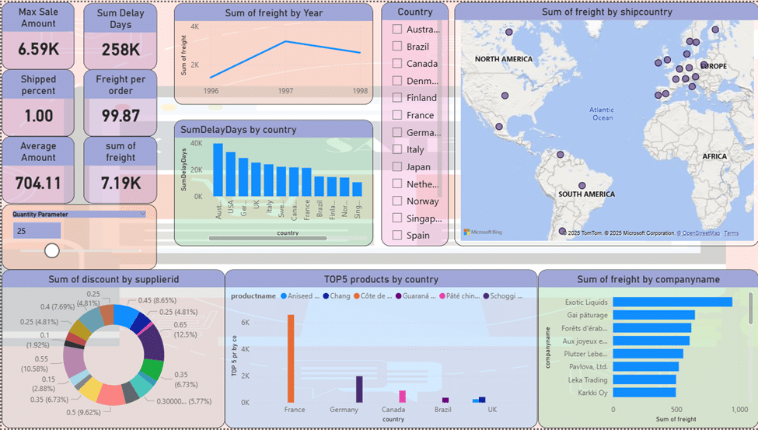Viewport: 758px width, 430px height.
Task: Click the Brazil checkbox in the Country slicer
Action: pyautogui.click(x=397, y=47)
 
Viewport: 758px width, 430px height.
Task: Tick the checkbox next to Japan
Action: pyautogui.click(x=397, y=166)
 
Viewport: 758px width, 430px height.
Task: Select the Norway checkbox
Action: pyautogui.click(x=397, y=201)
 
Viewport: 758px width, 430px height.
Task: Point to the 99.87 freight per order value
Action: pyautogui.click(x=121, y=116)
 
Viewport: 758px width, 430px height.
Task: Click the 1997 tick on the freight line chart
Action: pyautogui.click(x=285, y=91)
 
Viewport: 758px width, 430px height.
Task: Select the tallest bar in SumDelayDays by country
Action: pyautogui.click(x=218, y=170)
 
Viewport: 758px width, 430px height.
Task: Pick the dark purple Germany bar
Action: pyautogui.click(x=359, y=389)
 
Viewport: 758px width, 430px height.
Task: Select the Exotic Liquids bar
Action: pyautogui.click(x=672, y=302)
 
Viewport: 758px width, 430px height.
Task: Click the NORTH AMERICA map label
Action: pyautogui.click(x=504, y=59)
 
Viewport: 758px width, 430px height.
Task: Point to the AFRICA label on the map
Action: pyautogui.click(x=714, y=156)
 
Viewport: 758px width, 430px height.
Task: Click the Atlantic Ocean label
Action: pyautogui.click(x=602, y=114)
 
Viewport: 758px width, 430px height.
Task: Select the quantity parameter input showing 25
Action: pyautogui.click(x=37, y=231)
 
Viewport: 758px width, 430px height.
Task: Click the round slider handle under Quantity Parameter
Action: pyautogui.click(x=52, y=250)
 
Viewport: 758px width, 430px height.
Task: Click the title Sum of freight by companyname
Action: pyautogui.click(x=648, y=279)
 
